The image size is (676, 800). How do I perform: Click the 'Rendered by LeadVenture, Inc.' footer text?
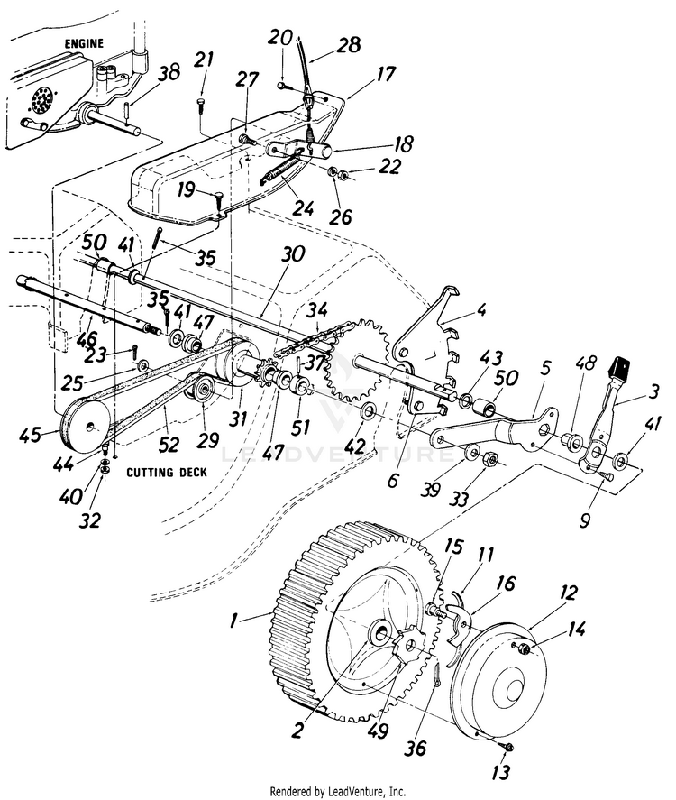(x=338, y=791)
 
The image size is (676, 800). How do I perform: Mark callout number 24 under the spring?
(x=303, y=207)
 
